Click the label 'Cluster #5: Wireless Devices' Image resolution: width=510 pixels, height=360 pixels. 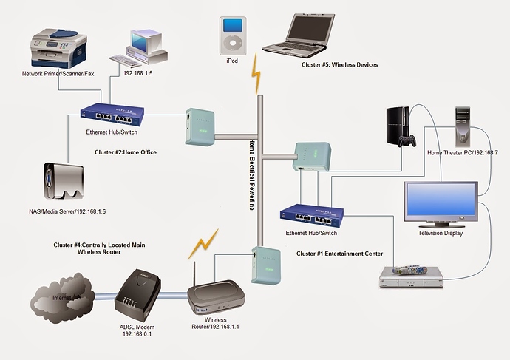pyautogui.click(x=339, y=65)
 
